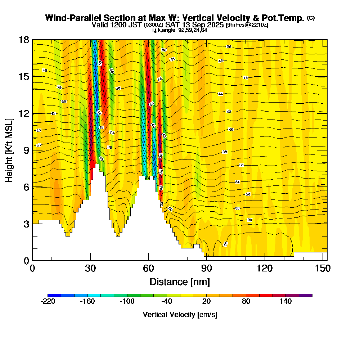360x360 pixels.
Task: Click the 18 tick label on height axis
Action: click(24, 40)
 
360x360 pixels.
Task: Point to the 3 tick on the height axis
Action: click(33, 224)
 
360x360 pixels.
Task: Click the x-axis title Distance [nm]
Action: click(180, 282)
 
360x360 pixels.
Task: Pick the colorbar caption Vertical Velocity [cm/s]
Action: click(180, 315)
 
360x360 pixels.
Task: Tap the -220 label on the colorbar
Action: click(48, 302)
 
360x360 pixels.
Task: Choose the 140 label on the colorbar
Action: click(286, 302)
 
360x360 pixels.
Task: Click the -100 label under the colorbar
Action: click(127, 302)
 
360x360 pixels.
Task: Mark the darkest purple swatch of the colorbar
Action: click(306, 295)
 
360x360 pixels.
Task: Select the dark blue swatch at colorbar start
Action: click(54, 295)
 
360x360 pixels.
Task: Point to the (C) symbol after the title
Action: click(311, 18)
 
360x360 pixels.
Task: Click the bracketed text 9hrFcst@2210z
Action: click(247, 25)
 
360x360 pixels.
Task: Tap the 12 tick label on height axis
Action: click(24, 113)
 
